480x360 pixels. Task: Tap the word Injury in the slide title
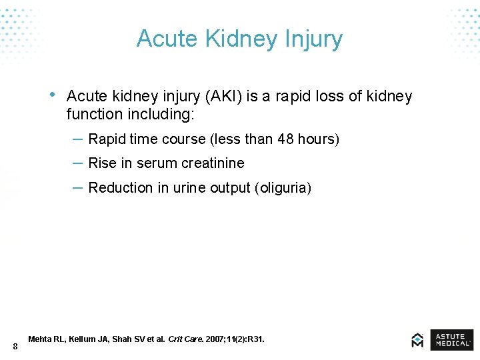coord(315,39)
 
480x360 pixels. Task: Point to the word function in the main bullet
coord(93,115)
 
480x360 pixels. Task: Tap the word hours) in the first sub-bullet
coord(319,139)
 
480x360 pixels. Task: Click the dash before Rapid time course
coord(77,139)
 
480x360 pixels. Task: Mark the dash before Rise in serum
coord(77,163)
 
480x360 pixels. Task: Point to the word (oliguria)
coord(283,188)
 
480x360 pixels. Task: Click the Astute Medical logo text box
coord(451,340)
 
